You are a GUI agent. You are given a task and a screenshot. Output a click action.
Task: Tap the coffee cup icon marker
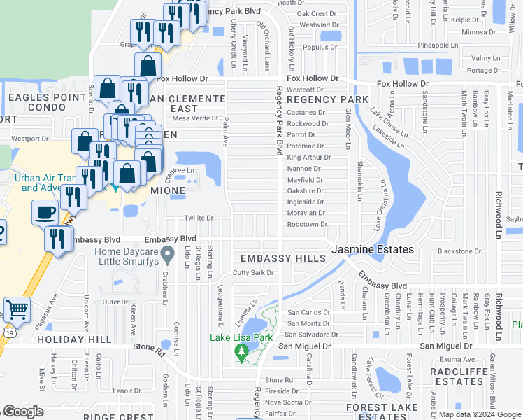tap(45, 212)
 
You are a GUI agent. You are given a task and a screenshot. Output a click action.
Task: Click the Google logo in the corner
tap(23, 412)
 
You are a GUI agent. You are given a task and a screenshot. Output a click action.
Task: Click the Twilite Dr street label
tap(199, 218)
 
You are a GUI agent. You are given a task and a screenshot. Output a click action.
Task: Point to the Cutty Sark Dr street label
tap(253, 272)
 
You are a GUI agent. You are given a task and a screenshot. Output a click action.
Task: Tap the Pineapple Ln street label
tap(437, 45)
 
